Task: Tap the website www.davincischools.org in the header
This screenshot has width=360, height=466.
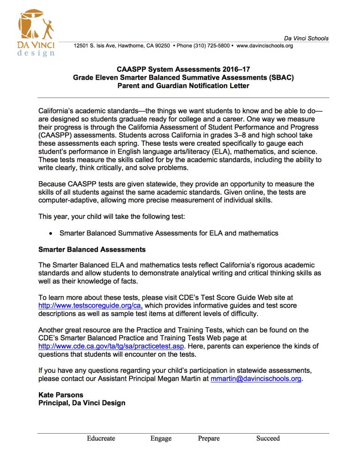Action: (x=264, y=46)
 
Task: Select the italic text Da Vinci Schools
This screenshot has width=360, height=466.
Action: (x=306, y=38)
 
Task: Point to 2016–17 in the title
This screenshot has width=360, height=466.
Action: (x=236, y=69)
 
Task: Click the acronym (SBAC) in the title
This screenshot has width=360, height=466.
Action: (x=279, y=77)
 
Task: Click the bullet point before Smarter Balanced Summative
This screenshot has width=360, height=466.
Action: (x=51, y=233)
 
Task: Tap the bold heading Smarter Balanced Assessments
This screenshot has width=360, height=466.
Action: (x=92, y=249)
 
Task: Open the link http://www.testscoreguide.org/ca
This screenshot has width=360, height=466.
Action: (x=91, y=306)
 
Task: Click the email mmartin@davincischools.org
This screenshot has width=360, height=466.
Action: (x=256, y=379)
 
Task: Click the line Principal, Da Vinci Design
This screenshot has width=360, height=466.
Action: (x=82, y=403)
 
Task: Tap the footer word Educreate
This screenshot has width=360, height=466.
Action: (x=101, y=439)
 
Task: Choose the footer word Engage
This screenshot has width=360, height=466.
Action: (x=161, y=439)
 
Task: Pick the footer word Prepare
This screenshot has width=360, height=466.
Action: (x=209, y=439)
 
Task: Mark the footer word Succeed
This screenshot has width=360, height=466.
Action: (x=268, y=439)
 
